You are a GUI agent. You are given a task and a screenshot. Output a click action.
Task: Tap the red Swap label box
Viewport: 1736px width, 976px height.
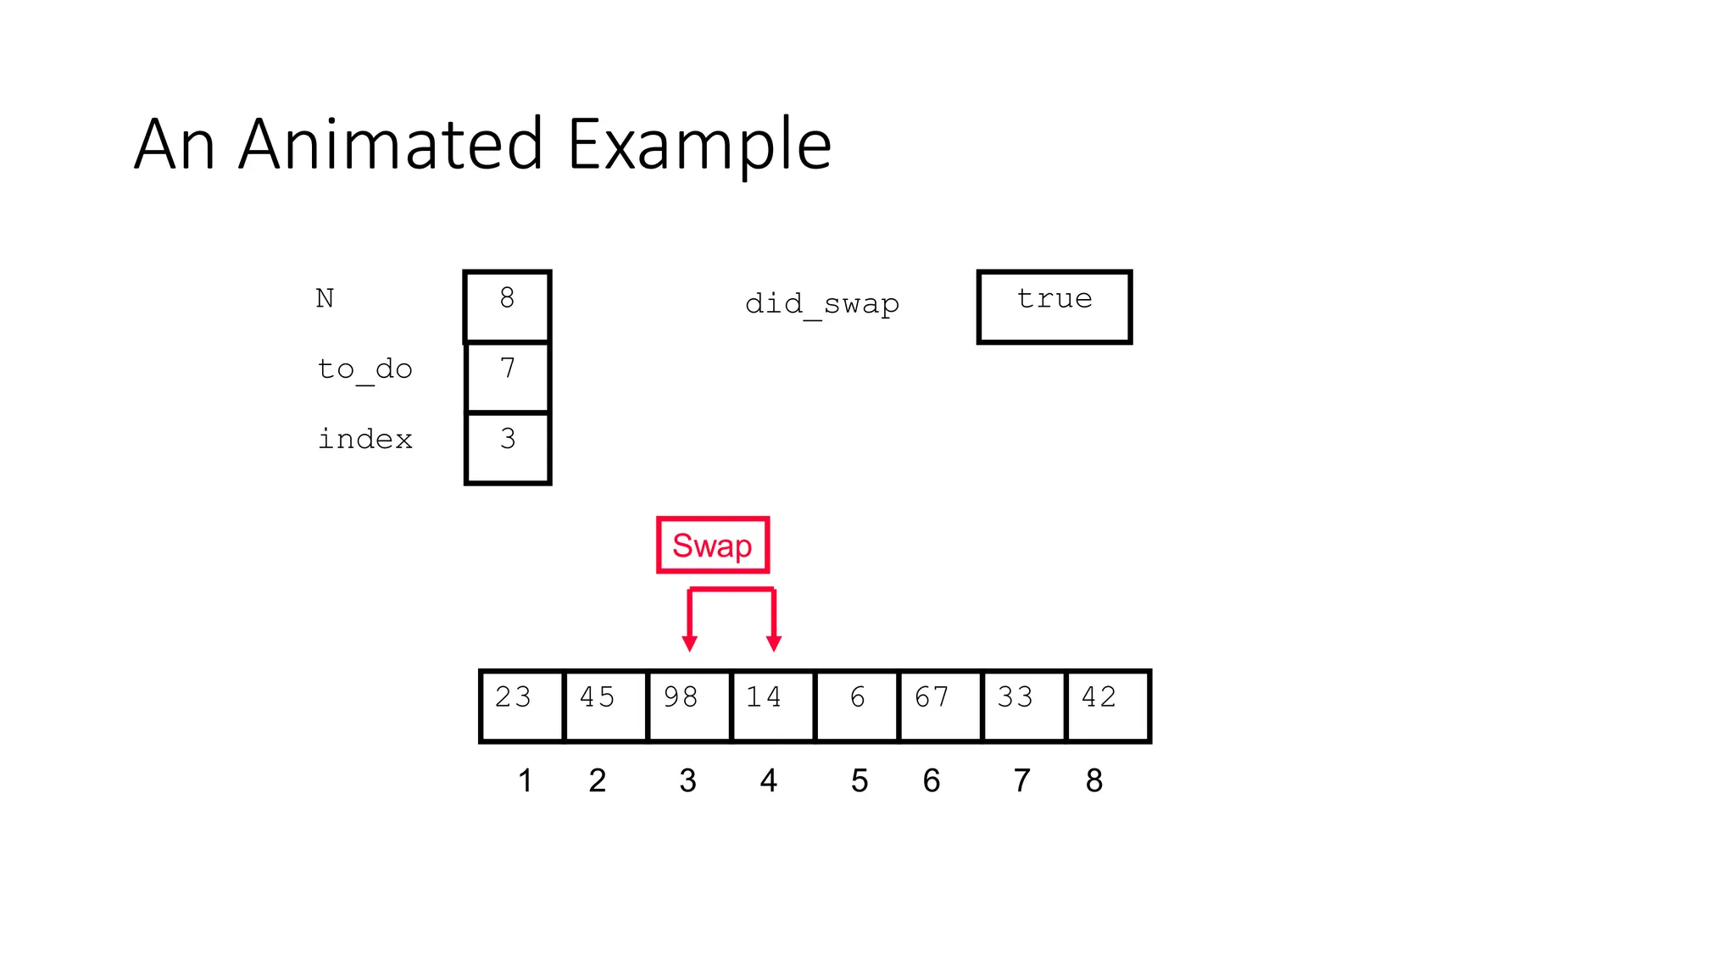click(712, 545)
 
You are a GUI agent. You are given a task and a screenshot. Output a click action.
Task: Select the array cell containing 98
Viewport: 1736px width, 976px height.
click(688, 705)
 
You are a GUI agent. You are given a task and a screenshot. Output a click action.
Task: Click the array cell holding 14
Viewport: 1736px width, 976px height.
click(772, 705)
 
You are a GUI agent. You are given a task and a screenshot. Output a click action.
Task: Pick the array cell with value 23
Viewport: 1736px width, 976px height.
click(520, 705)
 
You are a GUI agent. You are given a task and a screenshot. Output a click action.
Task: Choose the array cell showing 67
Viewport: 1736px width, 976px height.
click(939, 705)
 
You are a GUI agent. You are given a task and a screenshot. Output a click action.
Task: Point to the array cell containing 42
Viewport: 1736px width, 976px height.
click(1107, 705)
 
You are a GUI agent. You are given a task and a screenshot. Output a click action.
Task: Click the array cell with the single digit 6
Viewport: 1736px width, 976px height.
click(856, 705)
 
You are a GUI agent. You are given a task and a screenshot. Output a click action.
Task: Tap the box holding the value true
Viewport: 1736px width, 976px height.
click(1054, 306)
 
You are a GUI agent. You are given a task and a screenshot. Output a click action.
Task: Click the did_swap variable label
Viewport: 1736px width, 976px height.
click(821, 303)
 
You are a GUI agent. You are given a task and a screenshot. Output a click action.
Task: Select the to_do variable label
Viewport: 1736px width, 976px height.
click(364, 369)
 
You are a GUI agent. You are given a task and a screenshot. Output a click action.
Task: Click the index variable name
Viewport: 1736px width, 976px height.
click(364, 439)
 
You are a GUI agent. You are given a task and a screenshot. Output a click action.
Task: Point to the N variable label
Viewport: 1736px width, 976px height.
click(325, 298)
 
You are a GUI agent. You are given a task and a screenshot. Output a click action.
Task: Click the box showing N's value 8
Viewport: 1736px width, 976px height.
click(507, 306)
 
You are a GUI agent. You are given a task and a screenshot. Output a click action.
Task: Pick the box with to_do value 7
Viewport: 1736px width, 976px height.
click(507, 376)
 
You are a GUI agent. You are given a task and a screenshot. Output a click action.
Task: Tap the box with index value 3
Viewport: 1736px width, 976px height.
click(507, 447)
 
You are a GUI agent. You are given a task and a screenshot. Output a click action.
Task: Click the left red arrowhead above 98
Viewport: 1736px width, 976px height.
click(690, 643)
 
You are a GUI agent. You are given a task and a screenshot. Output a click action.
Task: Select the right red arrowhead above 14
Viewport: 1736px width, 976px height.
click(773, 643)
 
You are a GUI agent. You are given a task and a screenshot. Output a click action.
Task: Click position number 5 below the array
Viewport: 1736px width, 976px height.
click(859, 780)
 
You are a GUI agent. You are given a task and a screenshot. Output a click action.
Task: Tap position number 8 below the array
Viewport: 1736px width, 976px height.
click(1093, 780)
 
